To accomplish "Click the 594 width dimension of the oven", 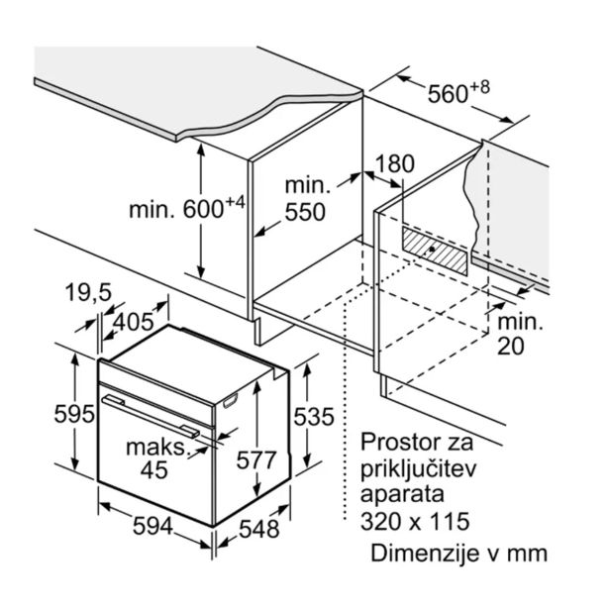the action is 152,527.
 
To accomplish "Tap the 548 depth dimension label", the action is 259,530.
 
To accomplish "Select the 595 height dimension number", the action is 74,414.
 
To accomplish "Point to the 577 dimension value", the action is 256,459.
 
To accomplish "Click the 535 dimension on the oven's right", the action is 314,417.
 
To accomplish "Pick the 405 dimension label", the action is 134,322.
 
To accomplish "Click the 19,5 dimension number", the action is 88,292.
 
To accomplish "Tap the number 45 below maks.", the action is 153,470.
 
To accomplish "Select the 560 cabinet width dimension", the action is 448,94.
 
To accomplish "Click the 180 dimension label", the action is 394,164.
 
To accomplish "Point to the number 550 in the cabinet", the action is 305,212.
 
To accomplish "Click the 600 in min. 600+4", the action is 203,210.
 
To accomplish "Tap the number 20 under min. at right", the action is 510,347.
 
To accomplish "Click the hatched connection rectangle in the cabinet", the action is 435,252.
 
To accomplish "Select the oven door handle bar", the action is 151,416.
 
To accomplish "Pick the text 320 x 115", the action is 415,522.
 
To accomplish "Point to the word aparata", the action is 402,496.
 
